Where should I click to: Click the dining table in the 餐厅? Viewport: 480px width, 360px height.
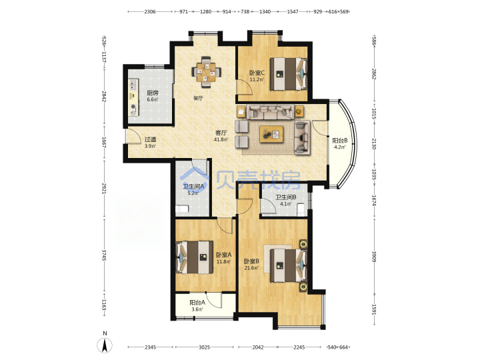206,72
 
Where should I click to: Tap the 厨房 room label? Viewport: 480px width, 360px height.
153,93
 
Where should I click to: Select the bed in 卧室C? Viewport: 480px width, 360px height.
289,74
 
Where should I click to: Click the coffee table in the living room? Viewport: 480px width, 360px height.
271,134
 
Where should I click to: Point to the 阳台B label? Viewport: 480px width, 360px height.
340,141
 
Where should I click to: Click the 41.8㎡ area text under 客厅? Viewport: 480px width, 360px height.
221,139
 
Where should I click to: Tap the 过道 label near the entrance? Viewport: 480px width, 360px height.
150,139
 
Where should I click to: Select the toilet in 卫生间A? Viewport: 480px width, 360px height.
182,209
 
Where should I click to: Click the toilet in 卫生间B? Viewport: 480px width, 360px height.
301,209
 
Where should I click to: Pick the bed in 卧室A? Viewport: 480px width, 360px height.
195,257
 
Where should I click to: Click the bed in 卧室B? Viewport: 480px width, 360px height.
289,265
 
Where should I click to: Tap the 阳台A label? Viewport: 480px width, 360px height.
197,303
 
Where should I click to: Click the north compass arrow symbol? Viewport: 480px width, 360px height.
105,345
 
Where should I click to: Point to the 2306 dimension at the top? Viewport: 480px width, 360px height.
150,11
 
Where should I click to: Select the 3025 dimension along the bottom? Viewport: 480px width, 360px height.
204,347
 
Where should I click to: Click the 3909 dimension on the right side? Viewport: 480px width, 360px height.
374,257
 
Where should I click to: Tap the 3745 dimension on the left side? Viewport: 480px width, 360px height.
104,255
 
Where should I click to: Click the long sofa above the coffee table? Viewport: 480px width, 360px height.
270,112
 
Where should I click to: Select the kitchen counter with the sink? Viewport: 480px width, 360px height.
133,97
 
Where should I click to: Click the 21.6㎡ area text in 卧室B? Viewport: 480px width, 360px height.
251,268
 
